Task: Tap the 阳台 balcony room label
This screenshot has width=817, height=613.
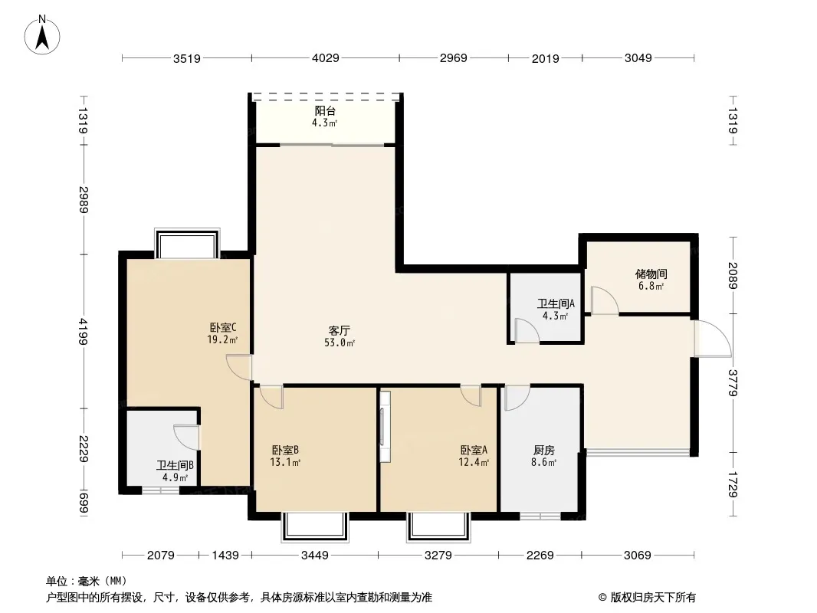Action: [x=325, y=111]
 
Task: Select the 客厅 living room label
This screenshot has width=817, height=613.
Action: [x=340, y=331]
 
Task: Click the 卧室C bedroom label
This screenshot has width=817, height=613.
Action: [x=223, y=328]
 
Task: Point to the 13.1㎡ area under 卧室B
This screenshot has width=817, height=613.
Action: [x=285, y=462]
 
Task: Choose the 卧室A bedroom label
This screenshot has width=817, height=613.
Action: [x=474, y=450]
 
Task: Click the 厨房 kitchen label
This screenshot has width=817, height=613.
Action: [x=544, y=450]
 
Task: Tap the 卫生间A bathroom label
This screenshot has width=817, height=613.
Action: [x=556, y=303]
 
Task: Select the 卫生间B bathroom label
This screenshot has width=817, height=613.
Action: [x=175, y=465]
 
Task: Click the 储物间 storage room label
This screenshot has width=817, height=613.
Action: [x=651, y=274]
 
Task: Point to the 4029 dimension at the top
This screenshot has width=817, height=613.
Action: [x=326, y=57]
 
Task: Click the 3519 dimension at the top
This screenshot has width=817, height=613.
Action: [x=187, y=58]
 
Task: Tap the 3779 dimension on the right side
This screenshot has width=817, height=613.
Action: [x=733, y=383]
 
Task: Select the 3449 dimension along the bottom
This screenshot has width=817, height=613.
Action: [x=315, y=556]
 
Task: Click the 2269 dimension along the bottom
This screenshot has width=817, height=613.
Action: [x=540, y=556]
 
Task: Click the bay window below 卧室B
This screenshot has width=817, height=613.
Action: [x=315, y=527]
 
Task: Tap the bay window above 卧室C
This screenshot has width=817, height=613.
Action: [x=187, y=243]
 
